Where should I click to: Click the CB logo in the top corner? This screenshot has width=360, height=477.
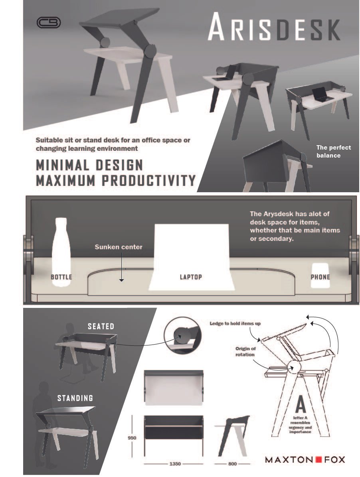point(49,22)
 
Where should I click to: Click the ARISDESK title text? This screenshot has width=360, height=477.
point(274,27)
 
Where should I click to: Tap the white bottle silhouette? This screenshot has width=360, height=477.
point(61,252)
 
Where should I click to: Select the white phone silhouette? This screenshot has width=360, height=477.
point(320,275)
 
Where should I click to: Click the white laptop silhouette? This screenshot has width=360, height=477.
point(192,257)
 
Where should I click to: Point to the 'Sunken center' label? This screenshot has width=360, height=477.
point(119,247)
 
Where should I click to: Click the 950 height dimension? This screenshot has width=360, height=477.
point(132,438)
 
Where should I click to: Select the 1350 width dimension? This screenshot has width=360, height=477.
point(175,463)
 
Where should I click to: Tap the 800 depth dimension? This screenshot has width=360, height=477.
point(232,463)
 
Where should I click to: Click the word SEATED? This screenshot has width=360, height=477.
point(101,326)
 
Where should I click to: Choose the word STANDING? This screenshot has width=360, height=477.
point(75,398)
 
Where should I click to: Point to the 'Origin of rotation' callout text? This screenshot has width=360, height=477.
point(245,351)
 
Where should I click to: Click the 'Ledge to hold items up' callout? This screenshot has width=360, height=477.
point(235,323)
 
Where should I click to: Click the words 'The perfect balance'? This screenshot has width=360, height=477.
point(334,151)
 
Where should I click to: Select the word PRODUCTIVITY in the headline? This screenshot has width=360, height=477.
point(148,180)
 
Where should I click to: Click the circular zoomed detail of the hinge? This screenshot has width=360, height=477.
point(182,335)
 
